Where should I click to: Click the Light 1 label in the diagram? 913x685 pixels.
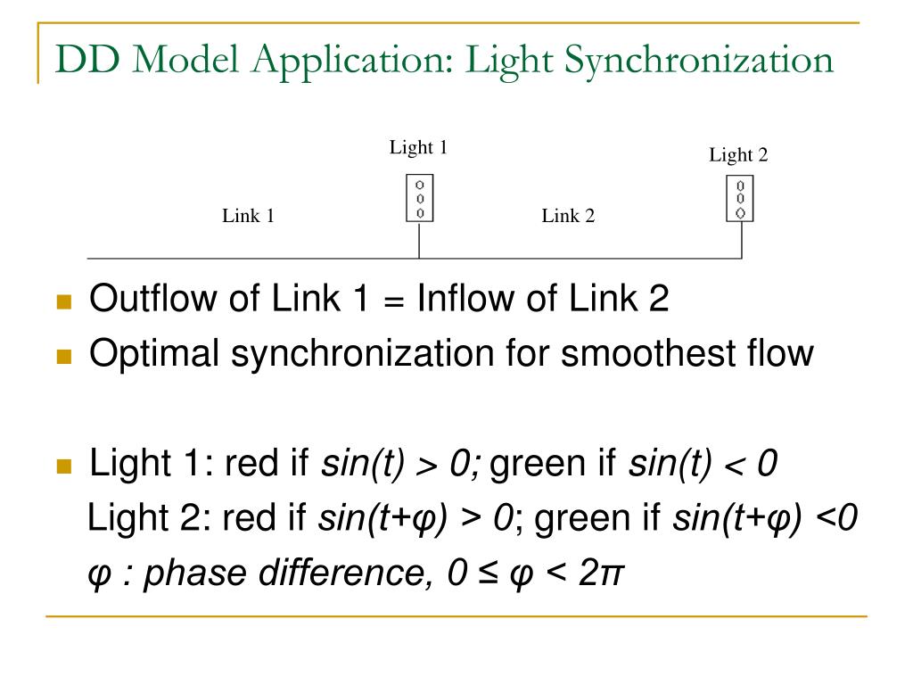coord(418,147)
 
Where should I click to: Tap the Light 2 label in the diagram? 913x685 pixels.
coord(738,155)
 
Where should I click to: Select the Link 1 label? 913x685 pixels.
coord(248,216)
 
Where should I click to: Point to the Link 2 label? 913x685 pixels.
coord(568,216)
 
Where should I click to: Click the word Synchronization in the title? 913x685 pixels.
coord(700,60)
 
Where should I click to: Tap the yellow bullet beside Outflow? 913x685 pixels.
coord(63,302)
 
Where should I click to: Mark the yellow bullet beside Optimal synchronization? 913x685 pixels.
coord(63,357)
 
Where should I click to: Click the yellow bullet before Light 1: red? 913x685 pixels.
coord(63,466)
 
